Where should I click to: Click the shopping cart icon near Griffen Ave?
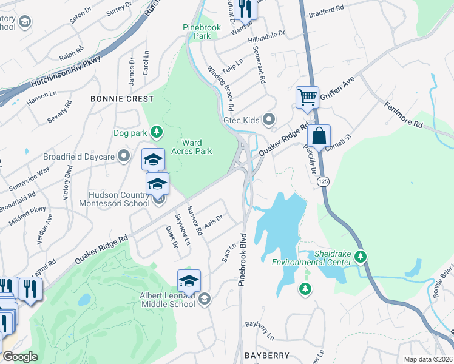[x=307, y=97]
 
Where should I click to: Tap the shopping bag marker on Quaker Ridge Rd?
[x=319, y=136]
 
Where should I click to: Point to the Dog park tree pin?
[x=157, y=132]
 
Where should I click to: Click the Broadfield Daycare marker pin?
[x=124, y=157]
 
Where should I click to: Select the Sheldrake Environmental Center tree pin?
[x=361, y=257]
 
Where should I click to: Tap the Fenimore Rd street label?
[x=403, y=114]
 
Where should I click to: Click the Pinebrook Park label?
[x=197, y=32]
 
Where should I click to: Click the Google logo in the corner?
[x=20, y=357]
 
